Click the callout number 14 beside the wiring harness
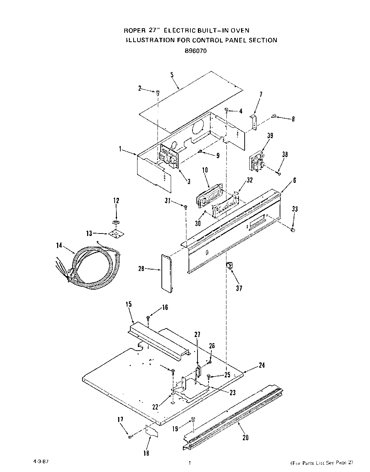click(59, 245)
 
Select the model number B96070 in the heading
click(196, 51)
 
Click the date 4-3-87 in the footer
click(40, 461)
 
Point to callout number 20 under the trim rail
click(246, 438)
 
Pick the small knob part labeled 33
click(292, 231)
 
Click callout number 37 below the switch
click(239, 288)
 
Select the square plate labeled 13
click(116, 234)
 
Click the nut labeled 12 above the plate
click(116, 222)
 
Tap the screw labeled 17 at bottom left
click(130, 436)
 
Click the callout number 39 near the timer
click(270, 135)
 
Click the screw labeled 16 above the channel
click(148, 317)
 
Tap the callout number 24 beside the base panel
click(261, 365)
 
